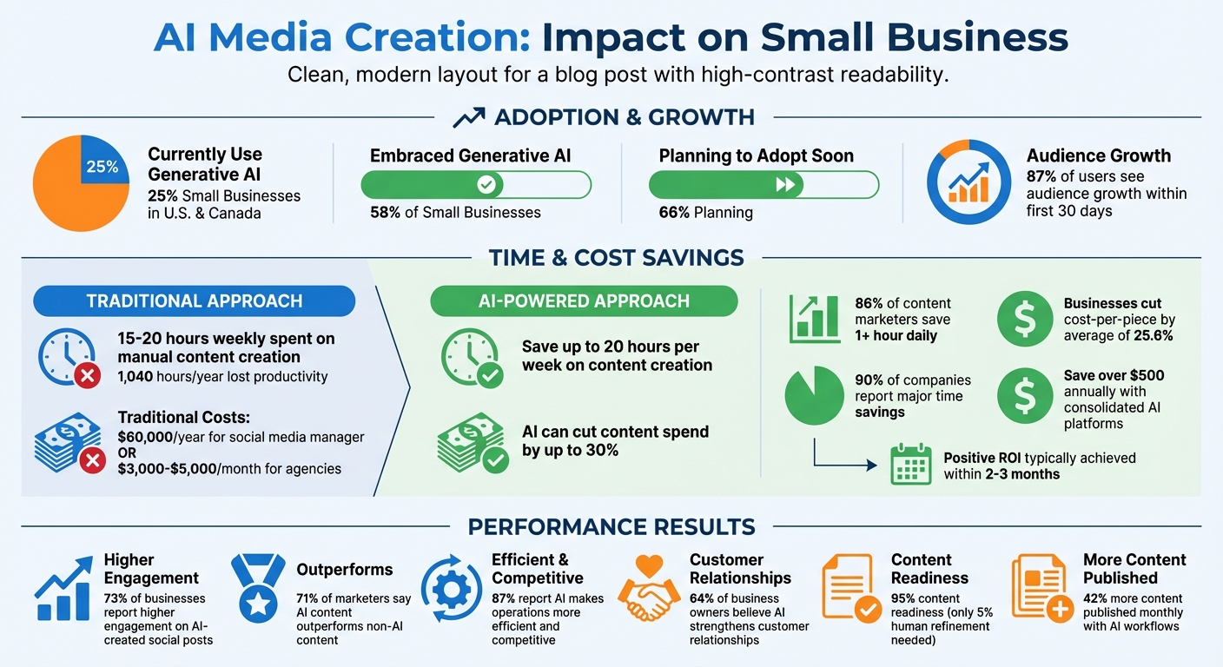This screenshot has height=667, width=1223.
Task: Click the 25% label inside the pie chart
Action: pos(102,167)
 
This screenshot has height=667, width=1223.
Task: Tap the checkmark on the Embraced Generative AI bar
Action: pos(486,185)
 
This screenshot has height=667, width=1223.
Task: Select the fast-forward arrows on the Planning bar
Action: pos(785,185)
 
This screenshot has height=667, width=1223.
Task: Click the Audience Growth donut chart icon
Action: pos(967,183)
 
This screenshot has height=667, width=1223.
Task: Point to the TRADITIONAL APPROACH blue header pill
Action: pos(194,301)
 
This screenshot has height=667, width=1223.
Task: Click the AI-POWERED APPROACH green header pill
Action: pos(584,301)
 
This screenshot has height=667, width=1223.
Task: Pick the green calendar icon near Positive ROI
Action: pos(911,465)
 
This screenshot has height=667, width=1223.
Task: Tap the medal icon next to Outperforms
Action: pos(258,588)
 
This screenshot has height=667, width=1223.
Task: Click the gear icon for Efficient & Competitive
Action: pos(451,591)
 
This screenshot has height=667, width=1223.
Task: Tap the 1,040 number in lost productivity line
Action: pos(136,376)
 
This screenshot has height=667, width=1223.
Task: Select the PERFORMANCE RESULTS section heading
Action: pos(611,526)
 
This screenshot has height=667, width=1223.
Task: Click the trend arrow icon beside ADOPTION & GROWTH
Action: pos(468,117)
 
